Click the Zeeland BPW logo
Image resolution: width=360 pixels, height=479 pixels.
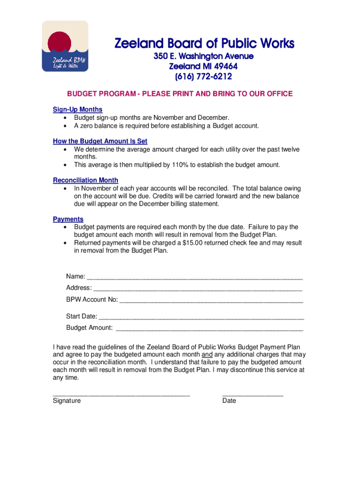point(65,46)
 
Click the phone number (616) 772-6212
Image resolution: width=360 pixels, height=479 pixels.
point(203,76)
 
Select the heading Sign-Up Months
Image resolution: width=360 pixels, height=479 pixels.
point(78,109)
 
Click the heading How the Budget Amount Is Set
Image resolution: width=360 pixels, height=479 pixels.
point(100,141)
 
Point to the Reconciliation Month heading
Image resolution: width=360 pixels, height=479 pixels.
point(86,180)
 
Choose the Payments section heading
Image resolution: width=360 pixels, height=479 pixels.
point(68,219)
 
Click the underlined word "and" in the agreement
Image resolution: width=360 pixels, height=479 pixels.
point(207,354)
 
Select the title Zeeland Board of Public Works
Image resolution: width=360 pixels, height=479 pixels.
point(205,44)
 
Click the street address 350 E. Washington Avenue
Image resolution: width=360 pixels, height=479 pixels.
point(204,56)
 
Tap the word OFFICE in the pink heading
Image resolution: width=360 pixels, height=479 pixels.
point(279,94)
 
